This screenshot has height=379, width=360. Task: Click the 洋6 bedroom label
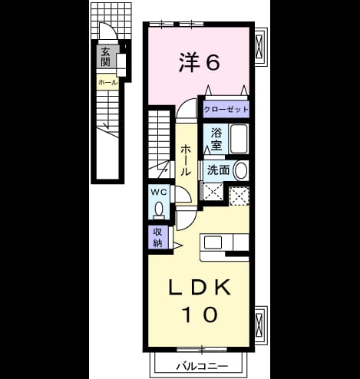pyautogui.click(x=199, y=62)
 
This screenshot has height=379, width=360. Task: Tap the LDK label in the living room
pyautogui.click(x=200, y=287)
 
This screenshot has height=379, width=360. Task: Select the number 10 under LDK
pyautogui.click(x=200, y=315)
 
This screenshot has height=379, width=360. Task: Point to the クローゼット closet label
pyautogui.click(x=226, y=110)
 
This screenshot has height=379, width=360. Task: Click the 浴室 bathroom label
pyautogui.click(x=216, y=139)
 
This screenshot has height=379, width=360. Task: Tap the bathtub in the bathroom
pyautogui.click(x=239, y=139)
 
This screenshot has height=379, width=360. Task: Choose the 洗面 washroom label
pyautogui.click(x=218, y=170)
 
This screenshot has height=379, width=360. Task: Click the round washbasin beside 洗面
pyautogui.click(x=241, y=170)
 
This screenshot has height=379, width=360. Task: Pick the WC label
pyautogui.click(x=159, y=192)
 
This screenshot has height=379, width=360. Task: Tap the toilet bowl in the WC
pyautogui.click(x=159, y=209)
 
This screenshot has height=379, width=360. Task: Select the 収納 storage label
pyautogui.click(x=158, y=237)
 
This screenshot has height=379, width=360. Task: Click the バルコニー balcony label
pyautogui.click(x=202, y=366)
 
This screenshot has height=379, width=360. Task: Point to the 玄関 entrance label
pyautogui.click(x=106, y=57)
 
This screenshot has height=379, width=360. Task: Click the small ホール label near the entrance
pyautogui.click(x=108, y=83)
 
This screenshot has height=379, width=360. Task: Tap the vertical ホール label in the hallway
pyautogui.click(x=186, y=160)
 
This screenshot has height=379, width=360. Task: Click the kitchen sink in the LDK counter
pyautogui.click(x=213, y=242)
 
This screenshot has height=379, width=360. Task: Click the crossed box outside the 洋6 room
pyautogui.click(x=259, y=47)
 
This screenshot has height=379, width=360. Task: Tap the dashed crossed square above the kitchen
pyautogui.click(x=239, y=196)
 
